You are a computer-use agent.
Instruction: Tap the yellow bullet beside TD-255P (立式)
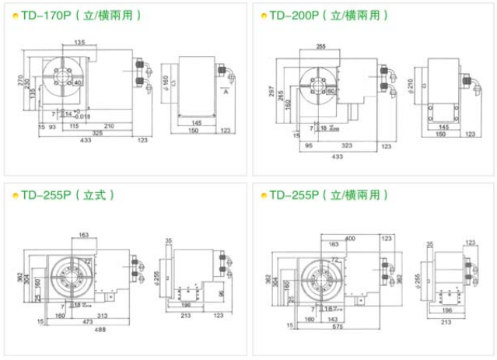tap(12, 194)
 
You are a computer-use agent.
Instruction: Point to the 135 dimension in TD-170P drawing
tap(79, 42)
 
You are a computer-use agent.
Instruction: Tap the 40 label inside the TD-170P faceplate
tap(78, 83)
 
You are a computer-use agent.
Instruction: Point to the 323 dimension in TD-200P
tap(347, 145)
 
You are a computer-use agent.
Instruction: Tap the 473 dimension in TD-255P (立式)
tap(87, 320)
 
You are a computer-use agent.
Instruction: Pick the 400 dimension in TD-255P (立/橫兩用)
tap(350, 237)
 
